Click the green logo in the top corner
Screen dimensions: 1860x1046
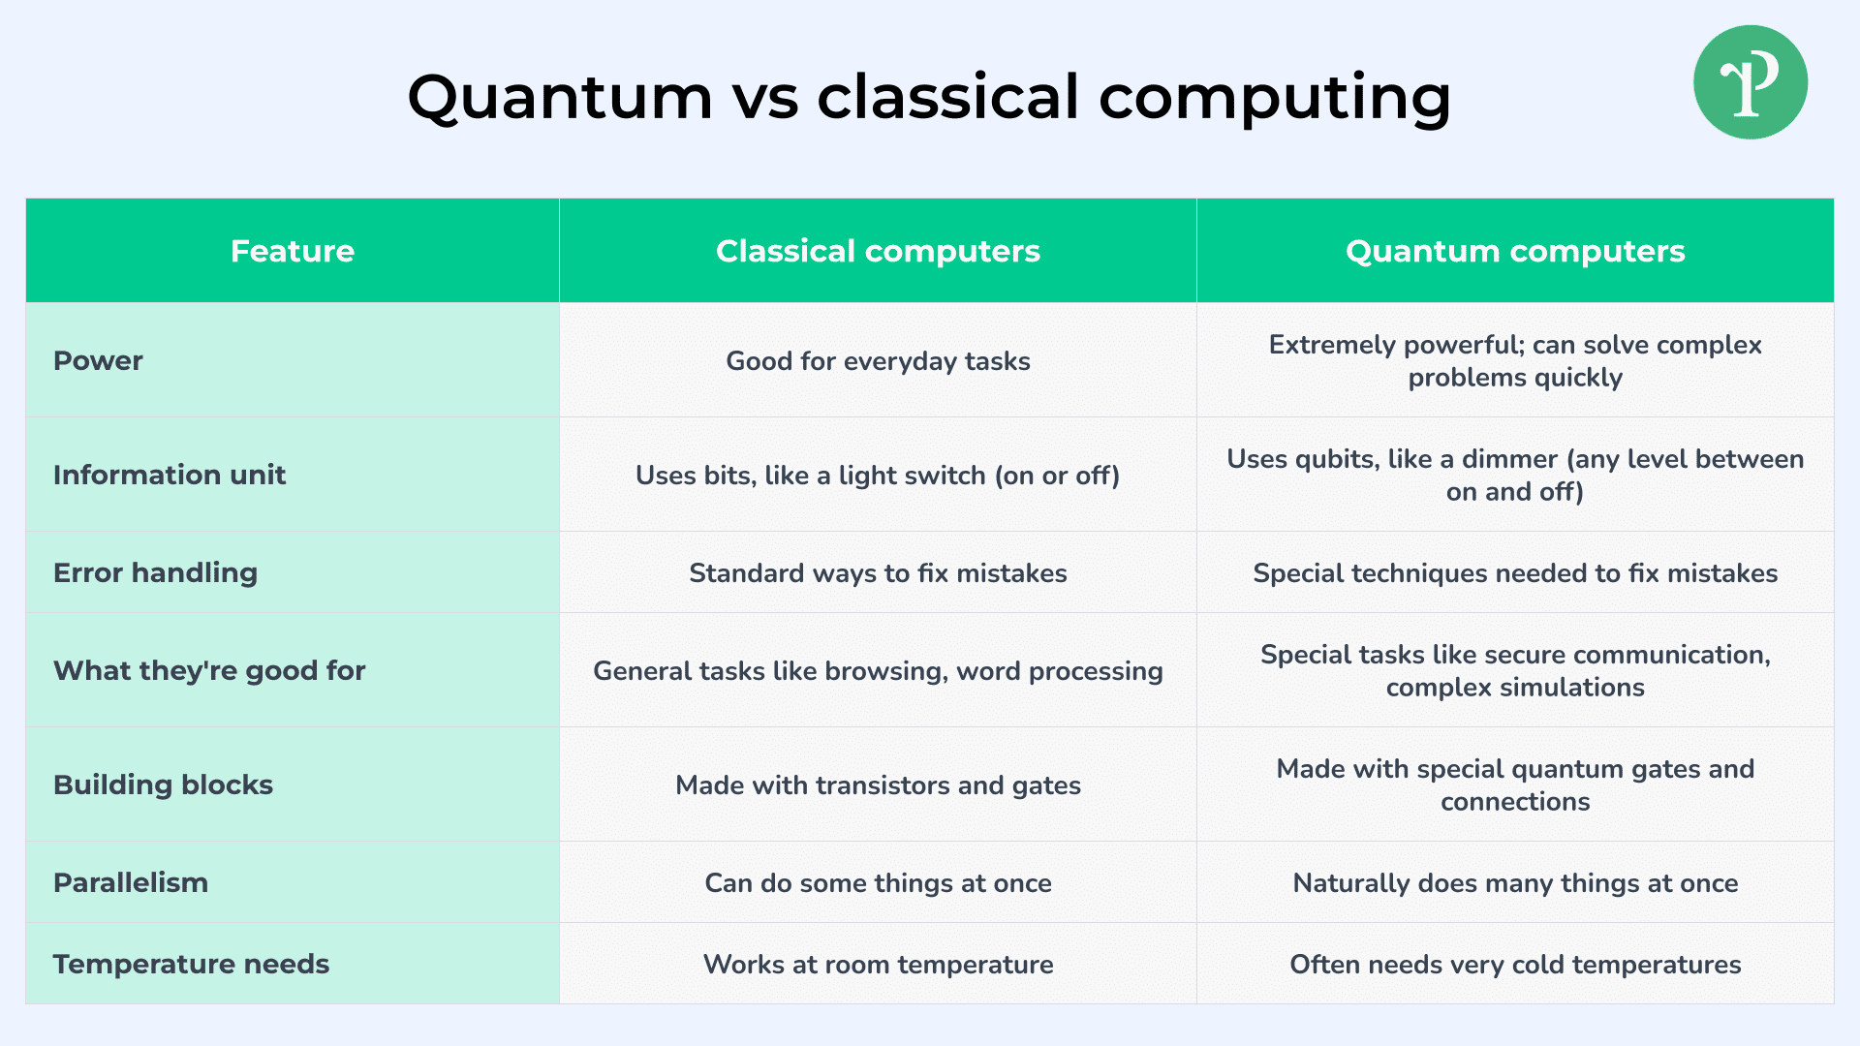pyautogui.click(x=1751, y=82)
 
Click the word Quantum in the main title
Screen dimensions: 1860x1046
pyautogui.click(x=560, y=98)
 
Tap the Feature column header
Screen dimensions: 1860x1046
pyautogui.click(x=293, y=251)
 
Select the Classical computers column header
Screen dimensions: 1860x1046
pyautogui.click(x=878, y=251)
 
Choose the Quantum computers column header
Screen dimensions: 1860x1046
pyautogui.click(x=1515, y=251)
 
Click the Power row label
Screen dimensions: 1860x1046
pyautogui.click(x=98, y=360)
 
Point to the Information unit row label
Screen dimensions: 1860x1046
pyautogui.click(x=170, y=475)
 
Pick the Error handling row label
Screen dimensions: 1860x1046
pyautogui.click(x=155, y=572)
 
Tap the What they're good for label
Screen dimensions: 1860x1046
pyautogui.click(x=209, y=670)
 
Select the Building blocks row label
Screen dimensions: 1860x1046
pyautogui.click(x=163, y=784)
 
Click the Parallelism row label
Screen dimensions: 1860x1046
pyautogui.click(x=131, y=882)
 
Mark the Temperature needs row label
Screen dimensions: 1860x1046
pyautogui.click(x=191, y=964)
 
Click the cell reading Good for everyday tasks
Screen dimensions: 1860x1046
pyautogui.click(x=878, y=361)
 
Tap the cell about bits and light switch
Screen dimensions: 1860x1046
pyautogui.click(x=878, y=476)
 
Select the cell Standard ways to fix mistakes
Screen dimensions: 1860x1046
pyautogui.click(x=878, y=573)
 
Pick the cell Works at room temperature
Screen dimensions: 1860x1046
pyautogui.click(x=878, y=965)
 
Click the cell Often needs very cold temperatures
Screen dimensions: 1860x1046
pyautogui.click(x=1515, y=965)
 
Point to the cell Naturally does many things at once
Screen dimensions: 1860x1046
pyautogui.click(x=1515, y=883)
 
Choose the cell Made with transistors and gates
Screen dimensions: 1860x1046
pyautogui.click(x=878, y=785)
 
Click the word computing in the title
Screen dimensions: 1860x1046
pyautogui.click(x=1275, y=98)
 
